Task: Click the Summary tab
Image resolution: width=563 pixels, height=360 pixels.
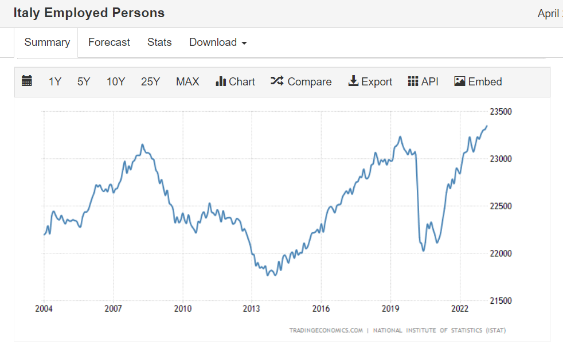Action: tap(47, 42)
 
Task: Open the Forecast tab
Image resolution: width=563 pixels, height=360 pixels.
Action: tap(109, 42)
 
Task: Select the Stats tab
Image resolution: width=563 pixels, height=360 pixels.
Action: tap(159, 42)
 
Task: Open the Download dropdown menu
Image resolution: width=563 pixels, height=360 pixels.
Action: tap(218, 42)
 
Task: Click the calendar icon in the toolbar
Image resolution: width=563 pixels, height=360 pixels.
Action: tap(27, 81)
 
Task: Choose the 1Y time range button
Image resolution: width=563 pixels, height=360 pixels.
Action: tap(54, 82)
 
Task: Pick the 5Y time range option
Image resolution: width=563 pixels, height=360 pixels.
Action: tap(84, 82)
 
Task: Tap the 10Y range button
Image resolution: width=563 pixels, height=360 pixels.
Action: tap(116, 82)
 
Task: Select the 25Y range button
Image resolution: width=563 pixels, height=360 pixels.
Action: tap(150, 82)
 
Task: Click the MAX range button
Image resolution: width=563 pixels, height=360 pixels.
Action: tap(187, 82)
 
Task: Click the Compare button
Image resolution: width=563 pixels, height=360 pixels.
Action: tap(301, 82)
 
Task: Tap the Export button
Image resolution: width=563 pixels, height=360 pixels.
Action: tap(370, 82)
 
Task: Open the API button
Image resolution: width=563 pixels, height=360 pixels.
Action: tap(423, 82)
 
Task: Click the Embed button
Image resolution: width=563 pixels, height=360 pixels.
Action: tap(478, 82)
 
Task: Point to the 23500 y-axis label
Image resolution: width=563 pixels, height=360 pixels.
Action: tap(501, 111)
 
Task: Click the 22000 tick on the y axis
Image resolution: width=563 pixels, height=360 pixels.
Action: tap(501, 253)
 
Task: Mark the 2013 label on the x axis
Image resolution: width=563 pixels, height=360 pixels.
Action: tap(252, 308)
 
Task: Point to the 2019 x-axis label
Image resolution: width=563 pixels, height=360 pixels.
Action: tap(390, 308)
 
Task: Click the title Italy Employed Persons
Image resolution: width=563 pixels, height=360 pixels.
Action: tap(89, 13)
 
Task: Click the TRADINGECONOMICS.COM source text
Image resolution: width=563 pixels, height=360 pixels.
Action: tap(326, 330)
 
